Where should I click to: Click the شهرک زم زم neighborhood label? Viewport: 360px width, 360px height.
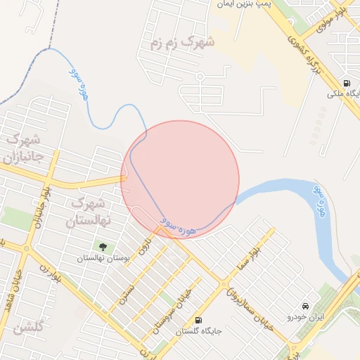(x=181, y=43)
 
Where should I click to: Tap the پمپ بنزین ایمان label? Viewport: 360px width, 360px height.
(x=243, y=4)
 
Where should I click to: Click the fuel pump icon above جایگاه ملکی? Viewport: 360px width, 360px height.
(x=347, y=82)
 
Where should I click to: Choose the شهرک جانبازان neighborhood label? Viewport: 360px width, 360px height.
(x=23, y=146)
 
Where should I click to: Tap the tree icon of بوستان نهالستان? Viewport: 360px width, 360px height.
(x=103, y=247)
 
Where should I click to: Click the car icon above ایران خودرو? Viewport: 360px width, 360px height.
(x=305, y=307)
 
